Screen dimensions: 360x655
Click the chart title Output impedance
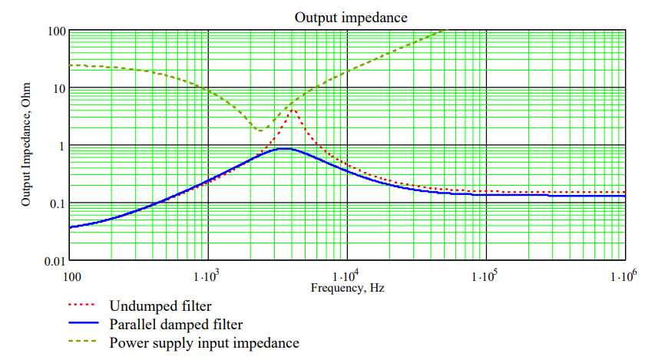click(351, 16)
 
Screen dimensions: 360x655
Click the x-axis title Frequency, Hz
click(347, 289)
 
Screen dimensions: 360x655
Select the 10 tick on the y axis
click(58, 88)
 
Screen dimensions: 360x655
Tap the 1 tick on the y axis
click(61, 146)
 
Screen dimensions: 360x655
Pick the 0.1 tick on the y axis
click(57, 203)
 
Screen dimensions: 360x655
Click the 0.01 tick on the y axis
click(54, 261)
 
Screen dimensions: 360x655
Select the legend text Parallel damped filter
click(174, 325)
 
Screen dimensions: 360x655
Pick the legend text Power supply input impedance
click(204, 342)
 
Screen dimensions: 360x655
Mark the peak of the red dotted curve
click(293, 111)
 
